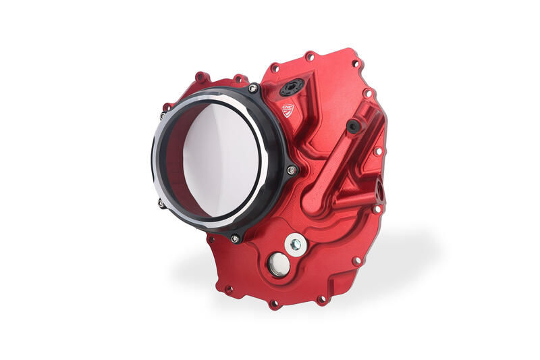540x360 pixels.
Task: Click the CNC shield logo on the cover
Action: coord(288,109)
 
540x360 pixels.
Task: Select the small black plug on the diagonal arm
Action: coord(353,126)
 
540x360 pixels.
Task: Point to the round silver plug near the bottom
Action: coord(278,265)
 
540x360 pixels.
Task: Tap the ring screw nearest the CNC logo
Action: coord(252,88)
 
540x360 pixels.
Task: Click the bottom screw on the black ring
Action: coord(234,238)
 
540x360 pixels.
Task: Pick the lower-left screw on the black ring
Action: coord(161,202)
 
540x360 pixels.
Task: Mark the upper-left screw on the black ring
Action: coord(166,107)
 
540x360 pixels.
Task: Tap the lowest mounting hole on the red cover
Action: coord(274,304)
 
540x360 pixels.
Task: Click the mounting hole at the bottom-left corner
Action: coord(228,290)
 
